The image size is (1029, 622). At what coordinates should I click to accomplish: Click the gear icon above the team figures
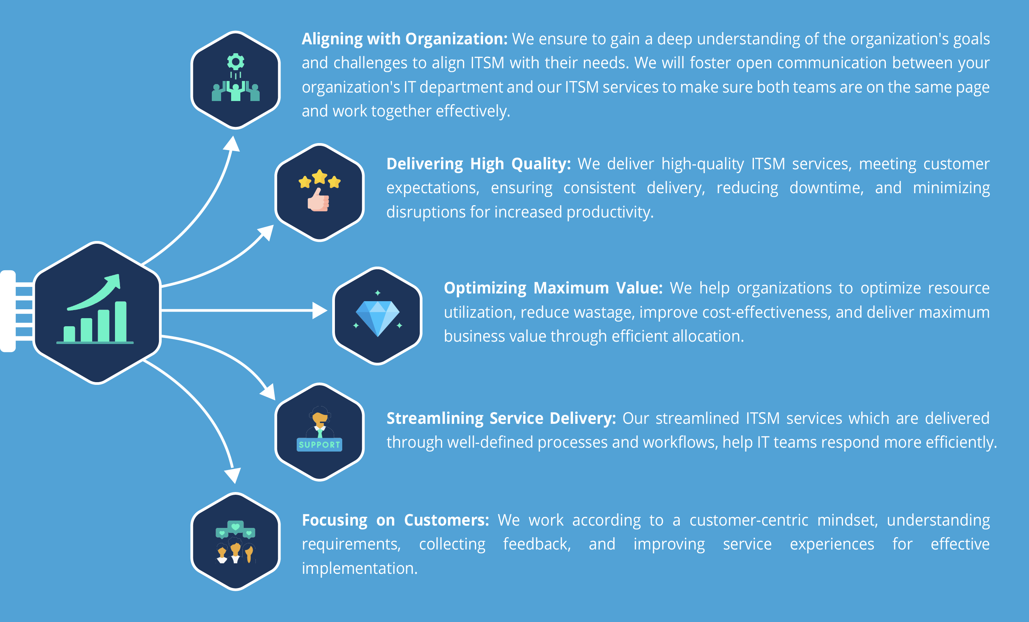coord(235,62)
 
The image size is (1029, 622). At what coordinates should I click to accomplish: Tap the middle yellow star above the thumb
coord(319,177)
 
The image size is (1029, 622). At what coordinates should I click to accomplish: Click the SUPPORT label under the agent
coord(319,445)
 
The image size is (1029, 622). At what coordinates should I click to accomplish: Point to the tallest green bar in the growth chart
coord(121,322)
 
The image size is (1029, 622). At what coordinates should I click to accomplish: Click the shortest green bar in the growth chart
coord(69,334)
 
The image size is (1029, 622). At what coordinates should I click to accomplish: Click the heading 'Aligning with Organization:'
coord(404,39)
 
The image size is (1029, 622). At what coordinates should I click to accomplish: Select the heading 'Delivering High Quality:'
coord(478,164)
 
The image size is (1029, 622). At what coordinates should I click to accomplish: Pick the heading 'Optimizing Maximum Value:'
coord(553,288)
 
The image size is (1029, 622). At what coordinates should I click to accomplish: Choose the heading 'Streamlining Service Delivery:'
coord(501,418)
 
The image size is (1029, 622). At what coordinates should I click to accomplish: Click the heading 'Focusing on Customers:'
coord(395,520)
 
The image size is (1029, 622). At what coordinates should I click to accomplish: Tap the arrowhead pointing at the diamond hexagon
coord(320,310)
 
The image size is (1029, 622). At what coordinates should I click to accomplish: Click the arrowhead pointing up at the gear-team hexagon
coord(232,143)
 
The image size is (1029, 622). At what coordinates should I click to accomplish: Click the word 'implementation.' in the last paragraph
coord(360,568)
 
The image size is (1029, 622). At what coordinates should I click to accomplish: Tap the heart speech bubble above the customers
coord(235,527)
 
